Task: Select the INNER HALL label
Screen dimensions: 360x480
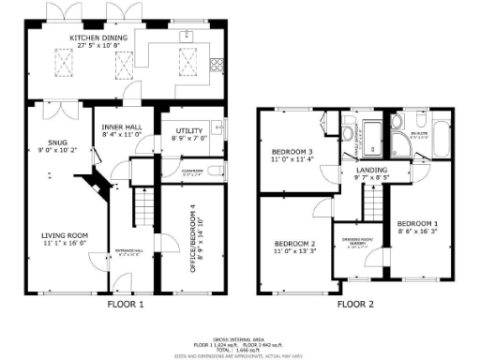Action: click(120, 131)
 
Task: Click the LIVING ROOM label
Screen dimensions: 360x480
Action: click(64, 238)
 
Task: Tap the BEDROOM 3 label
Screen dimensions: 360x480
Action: click(292, 155)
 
